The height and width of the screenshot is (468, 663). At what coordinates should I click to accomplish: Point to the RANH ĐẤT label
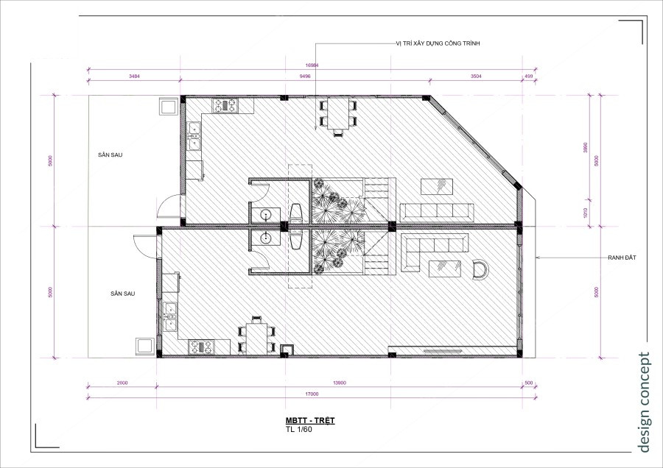pos(622,258)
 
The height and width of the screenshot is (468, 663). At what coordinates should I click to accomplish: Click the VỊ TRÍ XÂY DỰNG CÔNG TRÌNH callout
pos(438,44)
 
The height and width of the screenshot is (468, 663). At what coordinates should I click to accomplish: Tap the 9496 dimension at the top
pos(305,76)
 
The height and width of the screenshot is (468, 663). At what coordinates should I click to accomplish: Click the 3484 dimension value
pos(134,76)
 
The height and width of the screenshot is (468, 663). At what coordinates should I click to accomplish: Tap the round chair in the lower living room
pos(480,270)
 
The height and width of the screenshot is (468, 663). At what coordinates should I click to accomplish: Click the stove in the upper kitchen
pos(226,105)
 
